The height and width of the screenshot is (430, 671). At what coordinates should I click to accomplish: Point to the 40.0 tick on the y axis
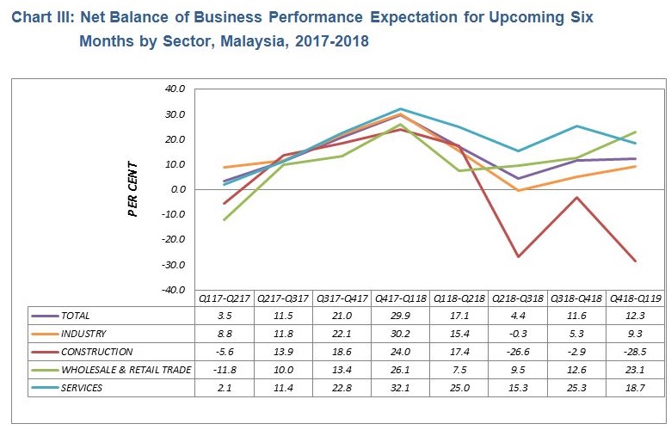[x=174, y=89]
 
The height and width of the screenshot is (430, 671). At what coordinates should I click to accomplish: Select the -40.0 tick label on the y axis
[x=172, y=290]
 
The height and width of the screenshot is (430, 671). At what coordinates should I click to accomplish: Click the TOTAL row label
[x=75, y=316]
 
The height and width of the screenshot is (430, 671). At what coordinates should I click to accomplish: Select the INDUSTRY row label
[x=83, y=334]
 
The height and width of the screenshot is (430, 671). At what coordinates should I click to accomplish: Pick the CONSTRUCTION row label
[x=96, y=352]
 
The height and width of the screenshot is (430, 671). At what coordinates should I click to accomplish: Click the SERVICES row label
[x=82, y=388]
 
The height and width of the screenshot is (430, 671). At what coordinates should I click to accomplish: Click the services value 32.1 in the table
[x=401, y=388]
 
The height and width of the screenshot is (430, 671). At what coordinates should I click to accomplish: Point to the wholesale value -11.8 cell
[x=225, y=370]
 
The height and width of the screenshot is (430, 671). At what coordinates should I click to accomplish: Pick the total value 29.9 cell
[x=401, y=316]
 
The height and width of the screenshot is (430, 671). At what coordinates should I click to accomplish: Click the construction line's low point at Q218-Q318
[x=518, y=256]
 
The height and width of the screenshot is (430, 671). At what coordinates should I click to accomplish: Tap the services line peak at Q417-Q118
[x=401, y=109]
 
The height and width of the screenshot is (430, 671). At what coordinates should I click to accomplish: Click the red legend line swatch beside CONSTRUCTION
[x=44, y=352]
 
